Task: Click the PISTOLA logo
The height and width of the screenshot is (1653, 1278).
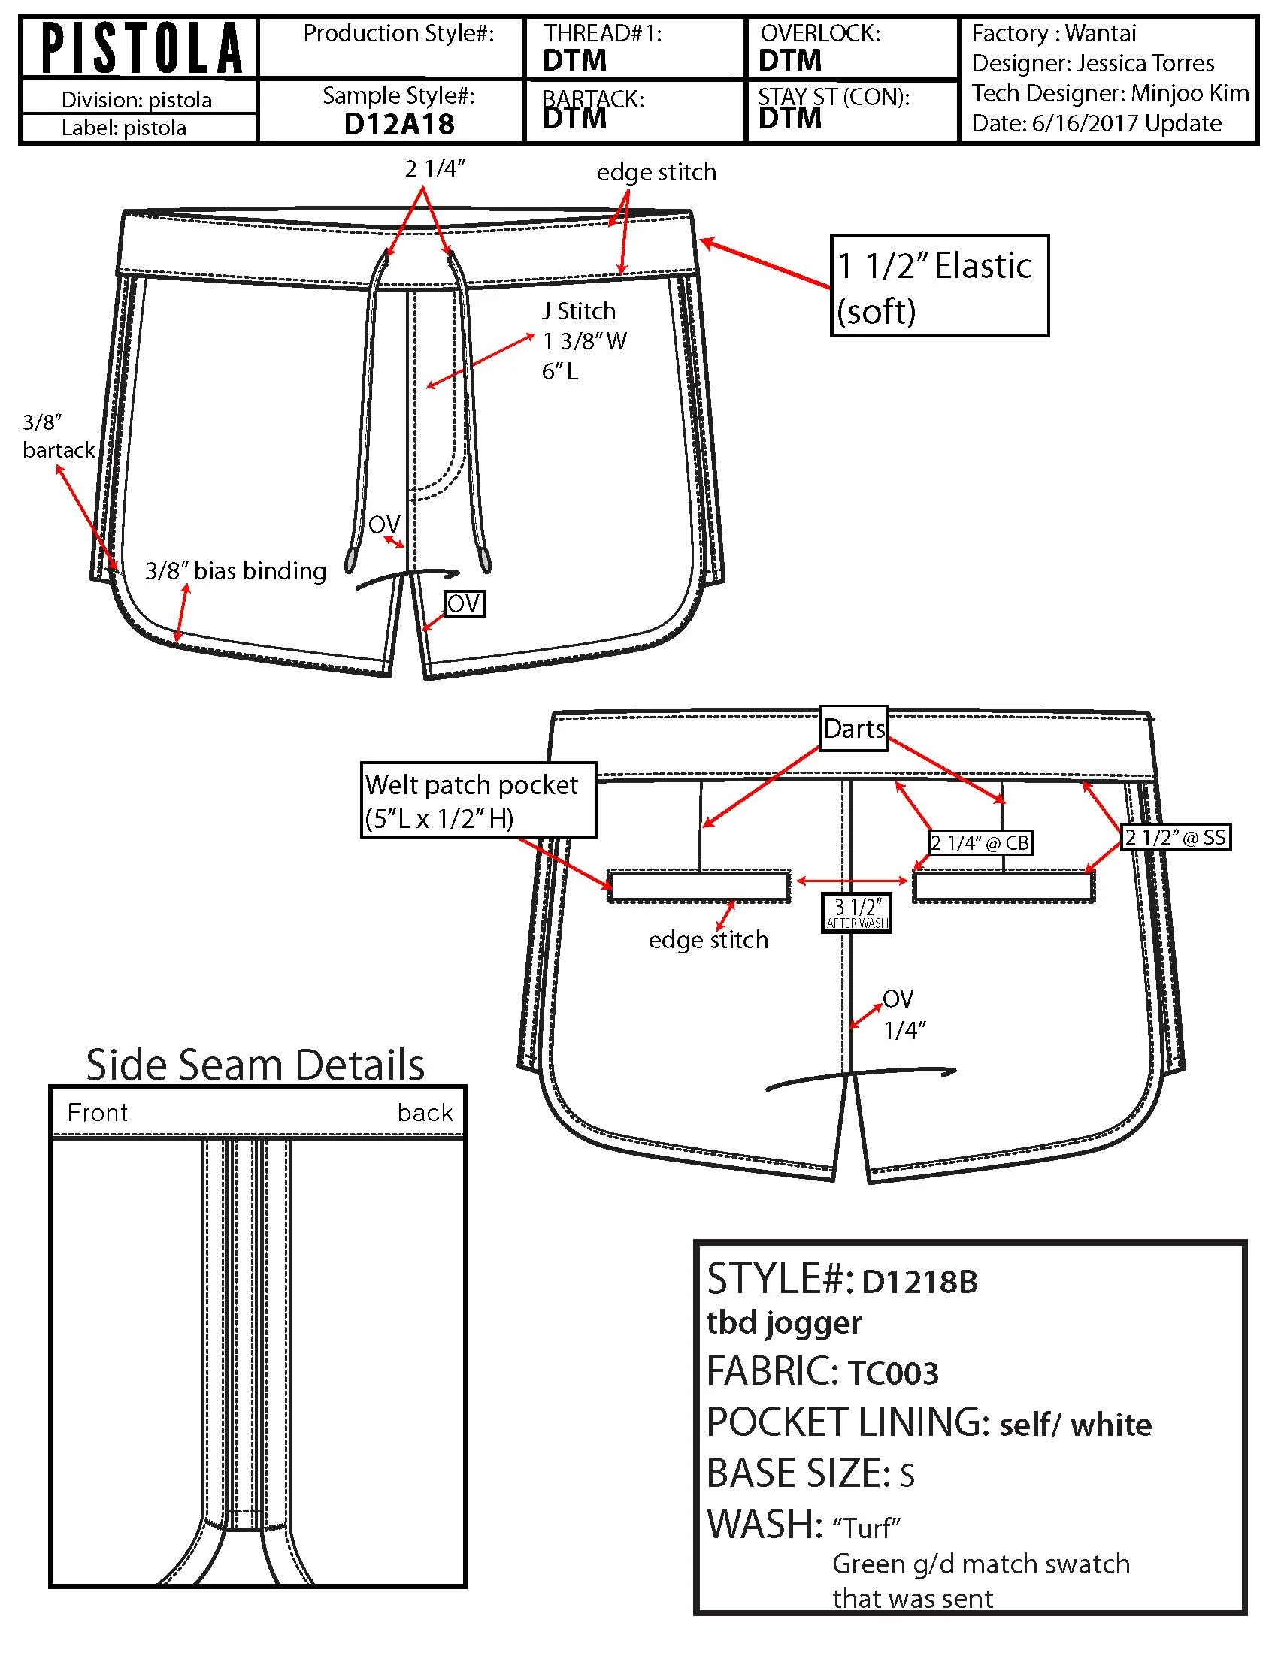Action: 141,47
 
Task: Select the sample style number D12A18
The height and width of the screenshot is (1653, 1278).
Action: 399,124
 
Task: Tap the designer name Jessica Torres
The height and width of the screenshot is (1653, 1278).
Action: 1146,63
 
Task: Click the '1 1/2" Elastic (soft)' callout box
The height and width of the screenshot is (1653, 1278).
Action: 940,286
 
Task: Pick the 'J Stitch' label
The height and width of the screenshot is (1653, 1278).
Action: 578,311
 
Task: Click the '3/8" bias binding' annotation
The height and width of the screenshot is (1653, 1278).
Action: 235,571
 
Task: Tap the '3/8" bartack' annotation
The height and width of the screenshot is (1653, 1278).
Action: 58,436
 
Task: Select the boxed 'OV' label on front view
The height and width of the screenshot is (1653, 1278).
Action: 464,603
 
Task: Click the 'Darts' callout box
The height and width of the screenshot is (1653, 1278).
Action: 854,728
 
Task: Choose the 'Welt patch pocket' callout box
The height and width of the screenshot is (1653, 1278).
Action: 478,800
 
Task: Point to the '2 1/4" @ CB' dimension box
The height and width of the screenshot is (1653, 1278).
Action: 980,842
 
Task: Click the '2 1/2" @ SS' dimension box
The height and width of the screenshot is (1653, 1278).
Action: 1175,837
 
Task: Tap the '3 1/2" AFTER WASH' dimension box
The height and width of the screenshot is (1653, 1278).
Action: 857,912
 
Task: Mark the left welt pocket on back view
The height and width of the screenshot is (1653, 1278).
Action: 700,886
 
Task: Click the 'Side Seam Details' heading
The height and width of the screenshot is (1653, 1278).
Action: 255,1065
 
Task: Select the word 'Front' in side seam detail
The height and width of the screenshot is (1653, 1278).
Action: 98,1113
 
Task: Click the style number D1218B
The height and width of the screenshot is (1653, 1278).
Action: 920,1282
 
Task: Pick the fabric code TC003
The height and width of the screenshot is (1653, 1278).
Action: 893,1373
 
